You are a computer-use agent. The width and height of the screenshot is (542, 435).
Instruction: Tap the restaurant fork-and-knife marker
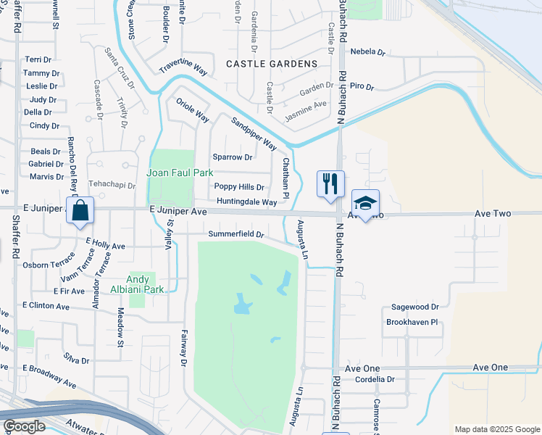pyautogui.click(x=330, y=183)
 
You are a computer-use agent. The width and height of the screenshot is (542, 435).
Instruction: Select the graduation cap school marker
pyautogui.click(x=366, y=204)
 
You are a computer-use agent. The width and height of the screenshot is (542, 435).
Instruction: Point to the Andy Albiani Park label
pyautogui.click(x=138, y=284)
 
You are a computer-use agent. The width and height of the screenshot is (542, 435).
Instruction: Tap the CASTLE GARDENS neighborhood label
pyautogui.click(x=272, y=64)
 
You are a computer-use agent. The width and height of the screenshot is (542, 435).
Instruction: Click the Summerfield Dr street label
pyautogui.click(x=235, y=234)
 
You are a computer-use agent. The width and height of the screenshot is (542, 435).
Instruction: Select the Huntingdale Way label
pyautogui.click(x=246, y=202)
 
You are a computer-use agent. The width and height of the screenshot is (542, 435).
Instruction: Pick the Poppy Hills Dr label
pyautogui.click(x=239, y=187)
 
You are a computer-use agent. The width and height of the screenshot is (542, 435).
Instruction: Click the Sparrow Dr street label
pyautogui.click(x=233, y=157)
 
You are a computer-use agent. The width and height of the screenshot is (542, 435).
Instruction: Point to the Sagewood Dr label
pyautogui.click(x=415, y=307)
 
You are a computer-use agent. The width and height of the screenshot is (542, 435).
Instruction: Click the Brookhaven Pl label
pyautogui.click(x=412, y=322)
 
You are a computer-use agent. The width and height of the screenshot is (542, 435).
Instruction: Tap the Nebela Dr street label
pyautogui.click(x=367, y=52)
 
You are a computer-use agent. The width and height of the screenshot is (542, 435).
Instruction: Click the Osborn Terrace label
pyautogui.click(x=49, y=265)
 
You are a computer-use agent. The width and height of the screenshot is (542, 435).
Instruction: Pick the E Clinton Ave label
pyautogui.click(x=46, y=306)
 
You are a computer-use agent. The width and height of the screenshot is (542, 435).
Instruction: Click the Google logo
pyautogui.click(x=24, y=426)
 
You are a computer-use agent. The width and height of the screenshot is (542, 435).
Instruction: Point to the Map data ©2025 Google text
pyautogui.click(x=496, y=429)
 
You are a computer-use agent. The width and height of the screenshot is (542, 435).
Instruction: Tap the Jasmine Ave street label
pyautogui.click(x=305, y=107)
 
